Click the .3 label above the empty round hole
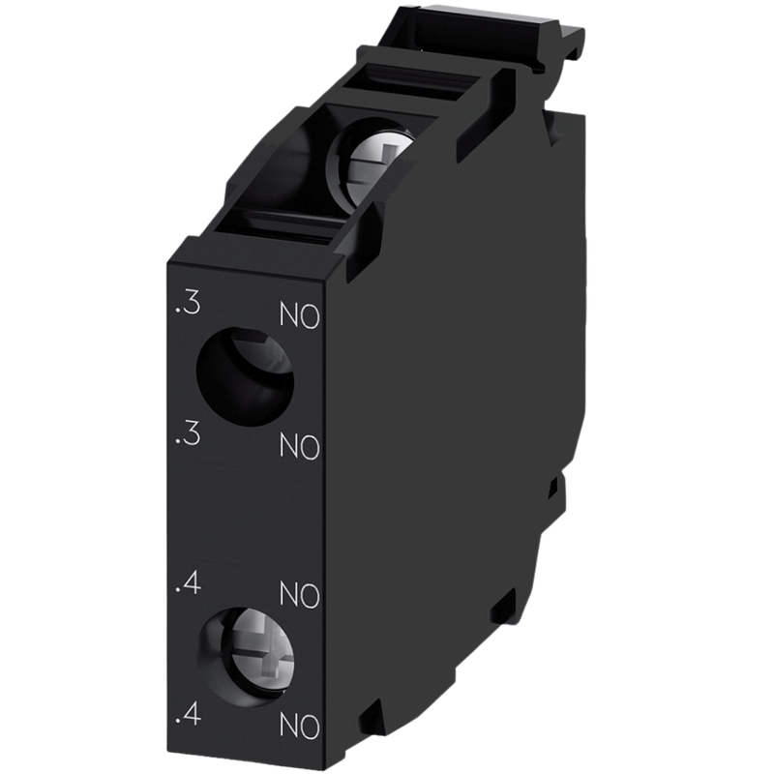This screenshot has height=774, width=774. pos(188,304)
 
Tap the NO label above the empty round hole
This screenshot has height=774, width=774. pos(300,315)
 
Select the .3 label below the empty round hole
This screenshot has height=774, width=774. pos(188,434)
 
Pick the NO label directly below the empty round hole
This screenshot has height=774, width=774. pos(300,447)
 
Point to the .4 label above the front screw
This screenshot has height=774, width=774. pos(188,583)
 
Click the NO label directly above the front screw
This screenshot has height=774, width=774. pos(300,595)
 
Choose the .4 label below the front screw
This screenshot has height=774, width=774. pos(188,714)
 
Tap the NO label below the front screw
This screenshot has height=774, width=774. pos(300,727)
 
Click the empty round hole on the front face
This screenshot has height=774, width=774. pos(245,376)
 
